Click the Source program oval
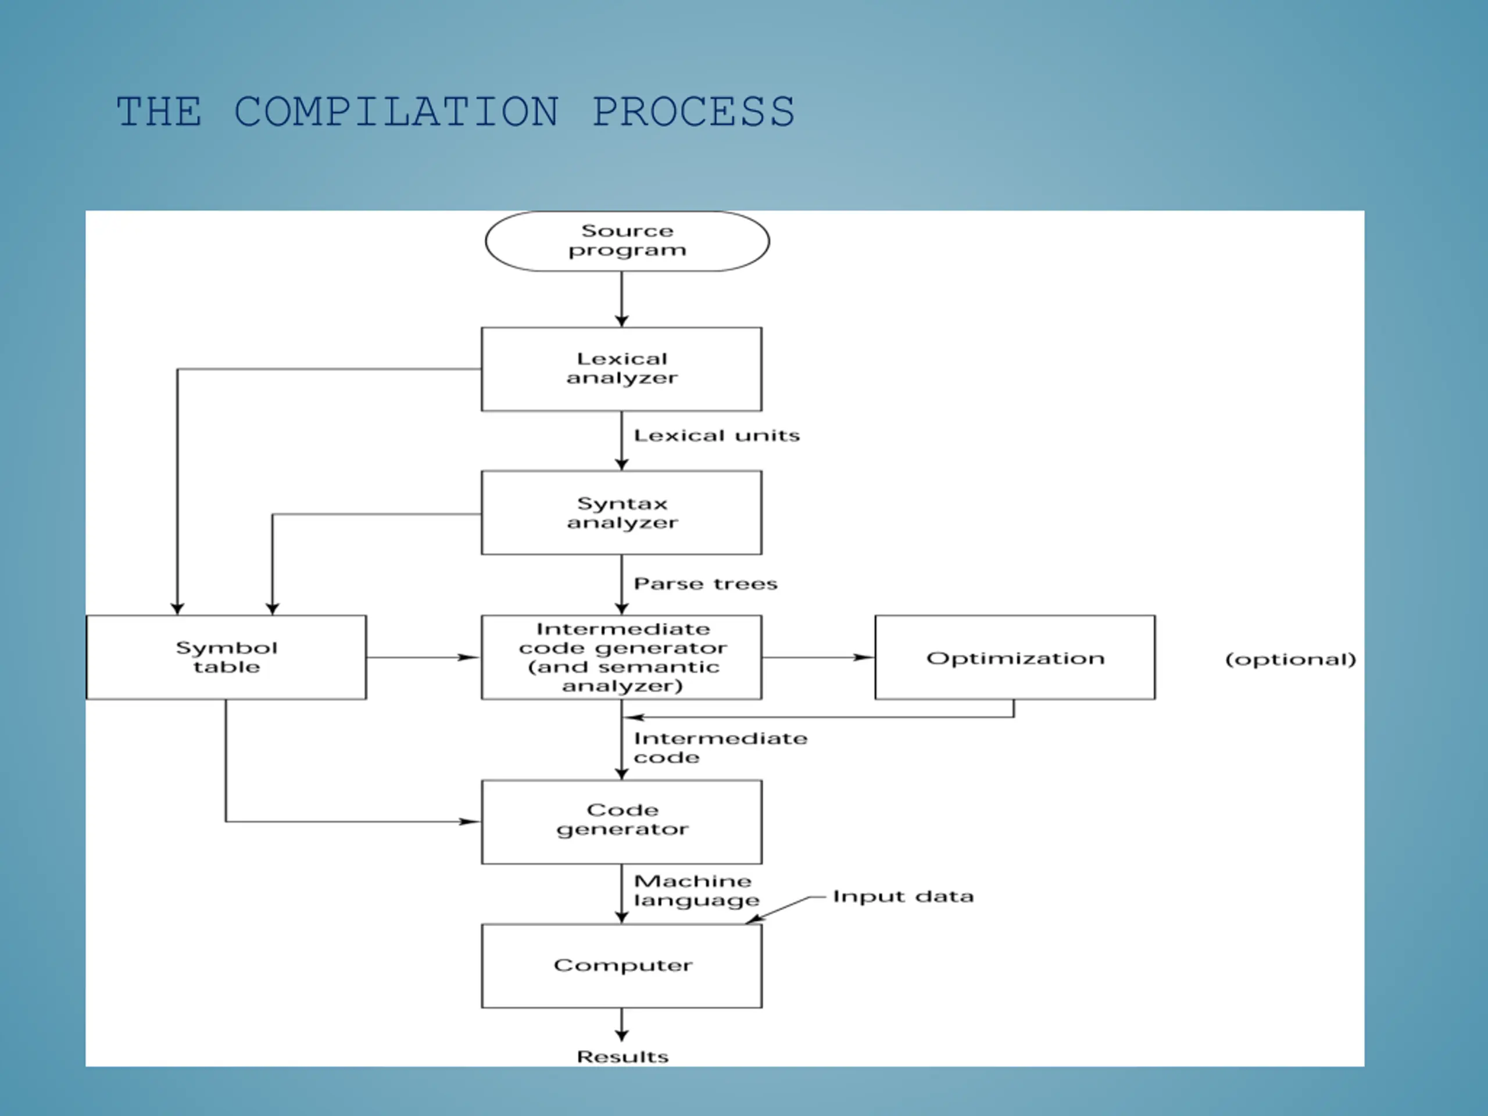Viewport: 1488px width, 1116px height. [x=627, y=241]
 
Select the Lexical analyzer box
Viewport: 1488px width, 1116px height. [x=621, y=369]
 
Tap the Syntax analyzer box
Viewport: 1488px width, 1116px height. [x=621, y=513]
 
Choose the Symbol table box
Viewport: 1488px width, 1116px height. [x=227, y=657]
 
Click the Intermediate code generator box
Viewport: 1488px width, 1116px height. [x=621, y=657]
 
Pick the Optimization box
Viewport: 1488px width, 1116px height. [x=1015, y=657]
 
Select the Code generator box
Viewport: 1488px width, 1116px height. [x=621, y=822]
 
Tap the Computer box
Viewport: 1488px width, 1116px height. [x=621, y=966]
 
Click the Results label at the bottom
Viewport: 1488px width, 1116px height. [x=623, y=1056]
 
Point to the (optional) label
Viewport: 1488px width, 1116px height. [x=1291, y=659]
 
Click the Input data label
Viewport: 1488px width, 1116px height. [x=903, y=896]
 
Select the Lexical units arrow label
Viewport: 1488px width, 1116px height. [x=717, y=435]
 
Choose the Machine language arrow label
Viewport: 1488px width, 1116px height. [x=697, y=890]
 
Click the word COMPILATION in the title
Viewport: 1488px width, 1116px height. [x=396, y=111]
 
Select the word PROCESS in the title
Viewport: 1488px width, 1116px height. [x=693, y=111]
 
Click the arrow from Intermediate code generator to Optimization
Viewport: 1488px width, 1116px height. [x=818, y=657]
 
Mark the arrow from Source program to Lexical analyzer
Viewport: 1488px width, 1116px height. [x=621, y=299]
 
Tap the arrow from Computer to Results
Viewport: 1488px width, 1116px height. [x=621, y=1025]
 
